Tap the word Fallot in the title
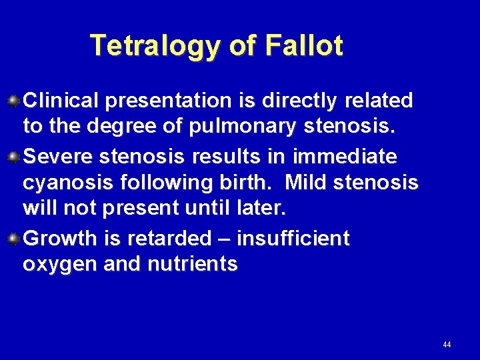point(303,45)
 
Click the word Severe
point(58,157)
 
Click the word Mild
point(304,183)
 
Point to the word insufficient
point(293,239)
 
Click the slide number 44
point(446,345)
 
